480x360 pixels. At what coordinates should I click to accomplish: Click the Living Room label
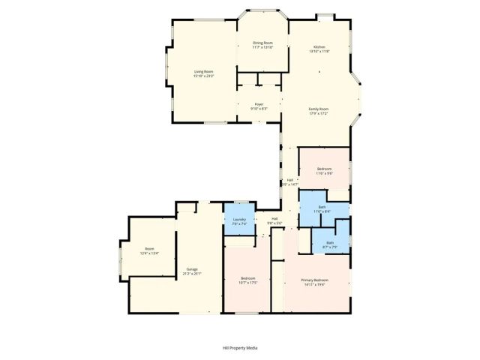204,71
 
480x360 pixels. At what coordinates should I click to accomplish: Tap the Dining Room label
262,43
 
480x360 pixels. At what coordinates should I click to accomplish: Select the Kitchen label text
319,46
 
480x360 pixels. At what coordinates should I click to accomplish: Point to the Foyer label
259,104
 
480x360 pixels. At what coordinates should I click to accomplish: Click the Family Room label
319,109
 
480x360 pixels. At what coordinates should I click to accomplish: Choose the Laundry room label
238,219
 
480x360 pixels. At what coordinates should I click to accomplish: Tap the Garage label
182,268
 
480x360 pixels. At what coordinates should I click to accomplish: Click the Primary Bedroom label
316,280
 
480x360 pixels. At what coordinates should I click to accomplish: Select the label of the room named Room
149,249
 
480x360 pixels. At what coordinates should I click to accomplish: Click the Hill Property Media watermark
240,348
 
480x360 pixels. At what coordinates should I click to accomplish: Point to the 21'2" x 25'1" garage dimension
182,274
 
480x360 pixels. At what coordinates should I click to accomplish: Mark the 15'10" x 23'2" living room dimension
204,76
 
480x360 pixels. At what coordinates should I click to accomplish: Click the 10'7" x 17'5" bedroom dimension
248,282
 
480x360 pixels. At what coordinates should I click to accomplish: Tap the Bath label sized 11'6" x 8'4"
322,206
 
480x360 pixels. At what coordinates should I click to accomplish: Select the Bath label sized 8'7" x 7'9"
330,242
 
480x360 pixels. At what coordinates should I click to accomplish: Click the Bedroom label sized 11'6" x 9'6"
324,169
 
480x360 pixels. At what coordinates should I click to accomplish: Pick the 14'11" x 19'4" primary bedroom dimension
316,285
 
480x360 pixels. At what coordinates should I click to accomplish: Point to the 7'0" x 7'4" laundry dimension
238,224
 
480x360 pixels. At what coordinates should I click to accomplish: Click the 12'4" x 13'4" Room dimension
149,254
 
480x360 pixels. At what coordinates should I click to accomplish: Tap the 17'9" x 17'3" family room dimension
319,114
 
